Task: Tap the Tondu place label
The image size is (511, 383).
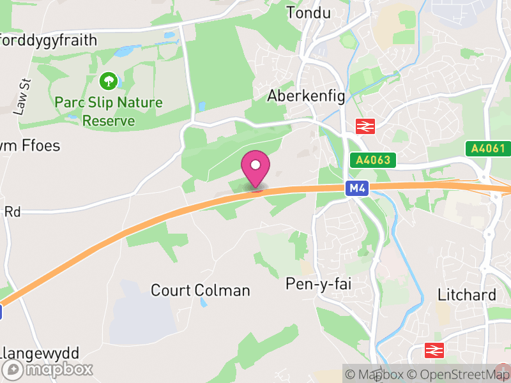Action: pos(310,12)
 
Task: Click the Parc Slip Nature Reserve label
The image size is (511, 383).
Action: pos(109,111)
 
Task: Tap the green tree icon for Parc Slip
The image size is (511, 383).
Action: pos(109,81)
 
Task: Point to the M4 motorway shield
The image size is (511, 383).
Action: pos(357,188)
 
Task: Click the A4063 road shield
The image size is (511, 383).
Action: pos(374,160)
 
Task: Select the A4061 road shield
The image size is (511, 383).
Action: pos(488,149)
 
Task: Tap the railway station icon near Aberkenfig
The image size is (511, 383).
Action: pos(365,126)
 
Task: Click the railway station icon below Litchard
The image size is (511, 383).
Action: pos(435,350)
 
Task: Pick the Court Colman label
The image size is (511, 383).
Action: pos(200,290)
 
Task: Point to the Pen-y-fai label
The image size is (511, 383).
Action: pos(319,283)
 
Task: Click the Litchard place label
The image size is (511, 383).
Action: pos(467,295)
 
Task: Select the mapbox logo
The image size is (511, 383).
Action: pos(49,370)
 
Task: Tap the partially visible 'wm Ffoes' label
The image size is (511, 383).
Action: pos(30,146)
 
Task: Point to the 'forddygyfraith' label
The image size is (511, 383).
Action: pos(49,40)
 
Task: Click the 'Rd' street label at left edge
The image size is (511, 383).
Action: pos(12,211)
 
